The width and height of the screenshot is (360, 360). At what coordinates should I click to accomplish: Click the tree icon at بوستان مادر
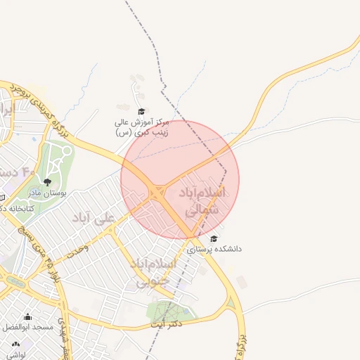tap(48, 182)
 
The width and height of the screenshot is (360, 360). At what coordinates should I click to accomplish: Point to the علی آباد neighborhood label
tap(92, 218)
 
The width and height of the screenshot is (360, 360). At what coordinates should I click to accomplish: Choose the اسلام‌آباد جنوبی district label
tap(151, 271)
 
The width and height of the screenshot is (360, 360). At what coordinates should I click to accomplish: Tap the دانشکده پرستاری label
tap(214, 249)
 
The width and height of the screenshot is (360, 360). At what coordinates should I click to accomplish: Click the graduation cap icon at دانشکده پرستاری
tap(214, 238)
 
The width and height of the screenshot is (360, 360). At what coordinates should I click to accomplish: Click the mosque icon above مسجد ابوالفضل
tap(28, 317)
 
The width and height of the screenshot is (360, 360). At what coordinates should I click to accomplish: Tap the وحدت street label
tap(77, 250)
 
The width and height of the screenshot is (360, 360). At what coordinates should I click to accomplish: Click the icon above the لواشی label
tap(15, 345)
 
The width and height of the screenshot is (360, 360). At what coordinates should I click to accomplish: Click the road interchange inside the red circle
tap(157, 192)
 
